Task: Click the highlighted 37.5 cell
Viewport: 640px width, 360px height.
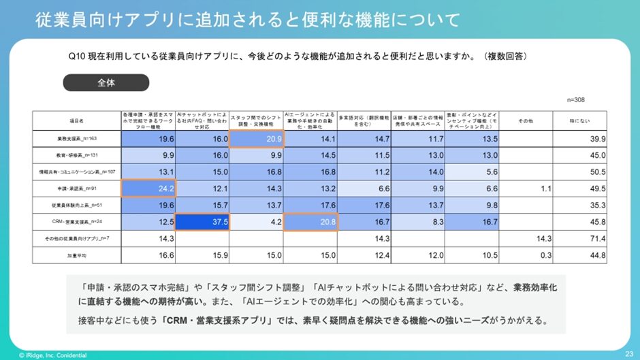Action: pos(202,222)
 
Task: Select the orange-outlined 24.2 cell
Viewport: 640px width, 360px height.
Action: pos(148,188)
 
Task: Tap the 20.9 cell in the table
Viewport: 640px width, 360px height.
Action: pos(256,138)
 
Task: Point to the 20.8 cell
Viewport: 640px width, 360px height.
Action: pos(310,222)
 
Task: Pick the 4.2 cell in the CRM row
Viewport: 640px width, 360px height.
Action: pos(256,222)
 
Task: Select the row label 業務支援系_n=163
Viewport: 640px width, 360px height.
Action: pos(76,139)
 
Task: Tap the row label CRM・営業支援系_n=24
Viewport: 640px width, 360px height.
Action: pos(76,222)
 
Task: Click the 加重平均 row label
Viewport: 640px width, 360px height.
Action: pos(76,256)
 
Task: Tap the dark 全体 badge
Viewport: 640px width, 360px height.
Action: pos(106,82)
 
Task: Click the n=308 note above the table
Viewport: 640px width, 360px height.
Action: pos(575,100)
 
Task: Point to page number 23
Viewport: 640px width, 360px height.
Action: pos(628,353)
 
